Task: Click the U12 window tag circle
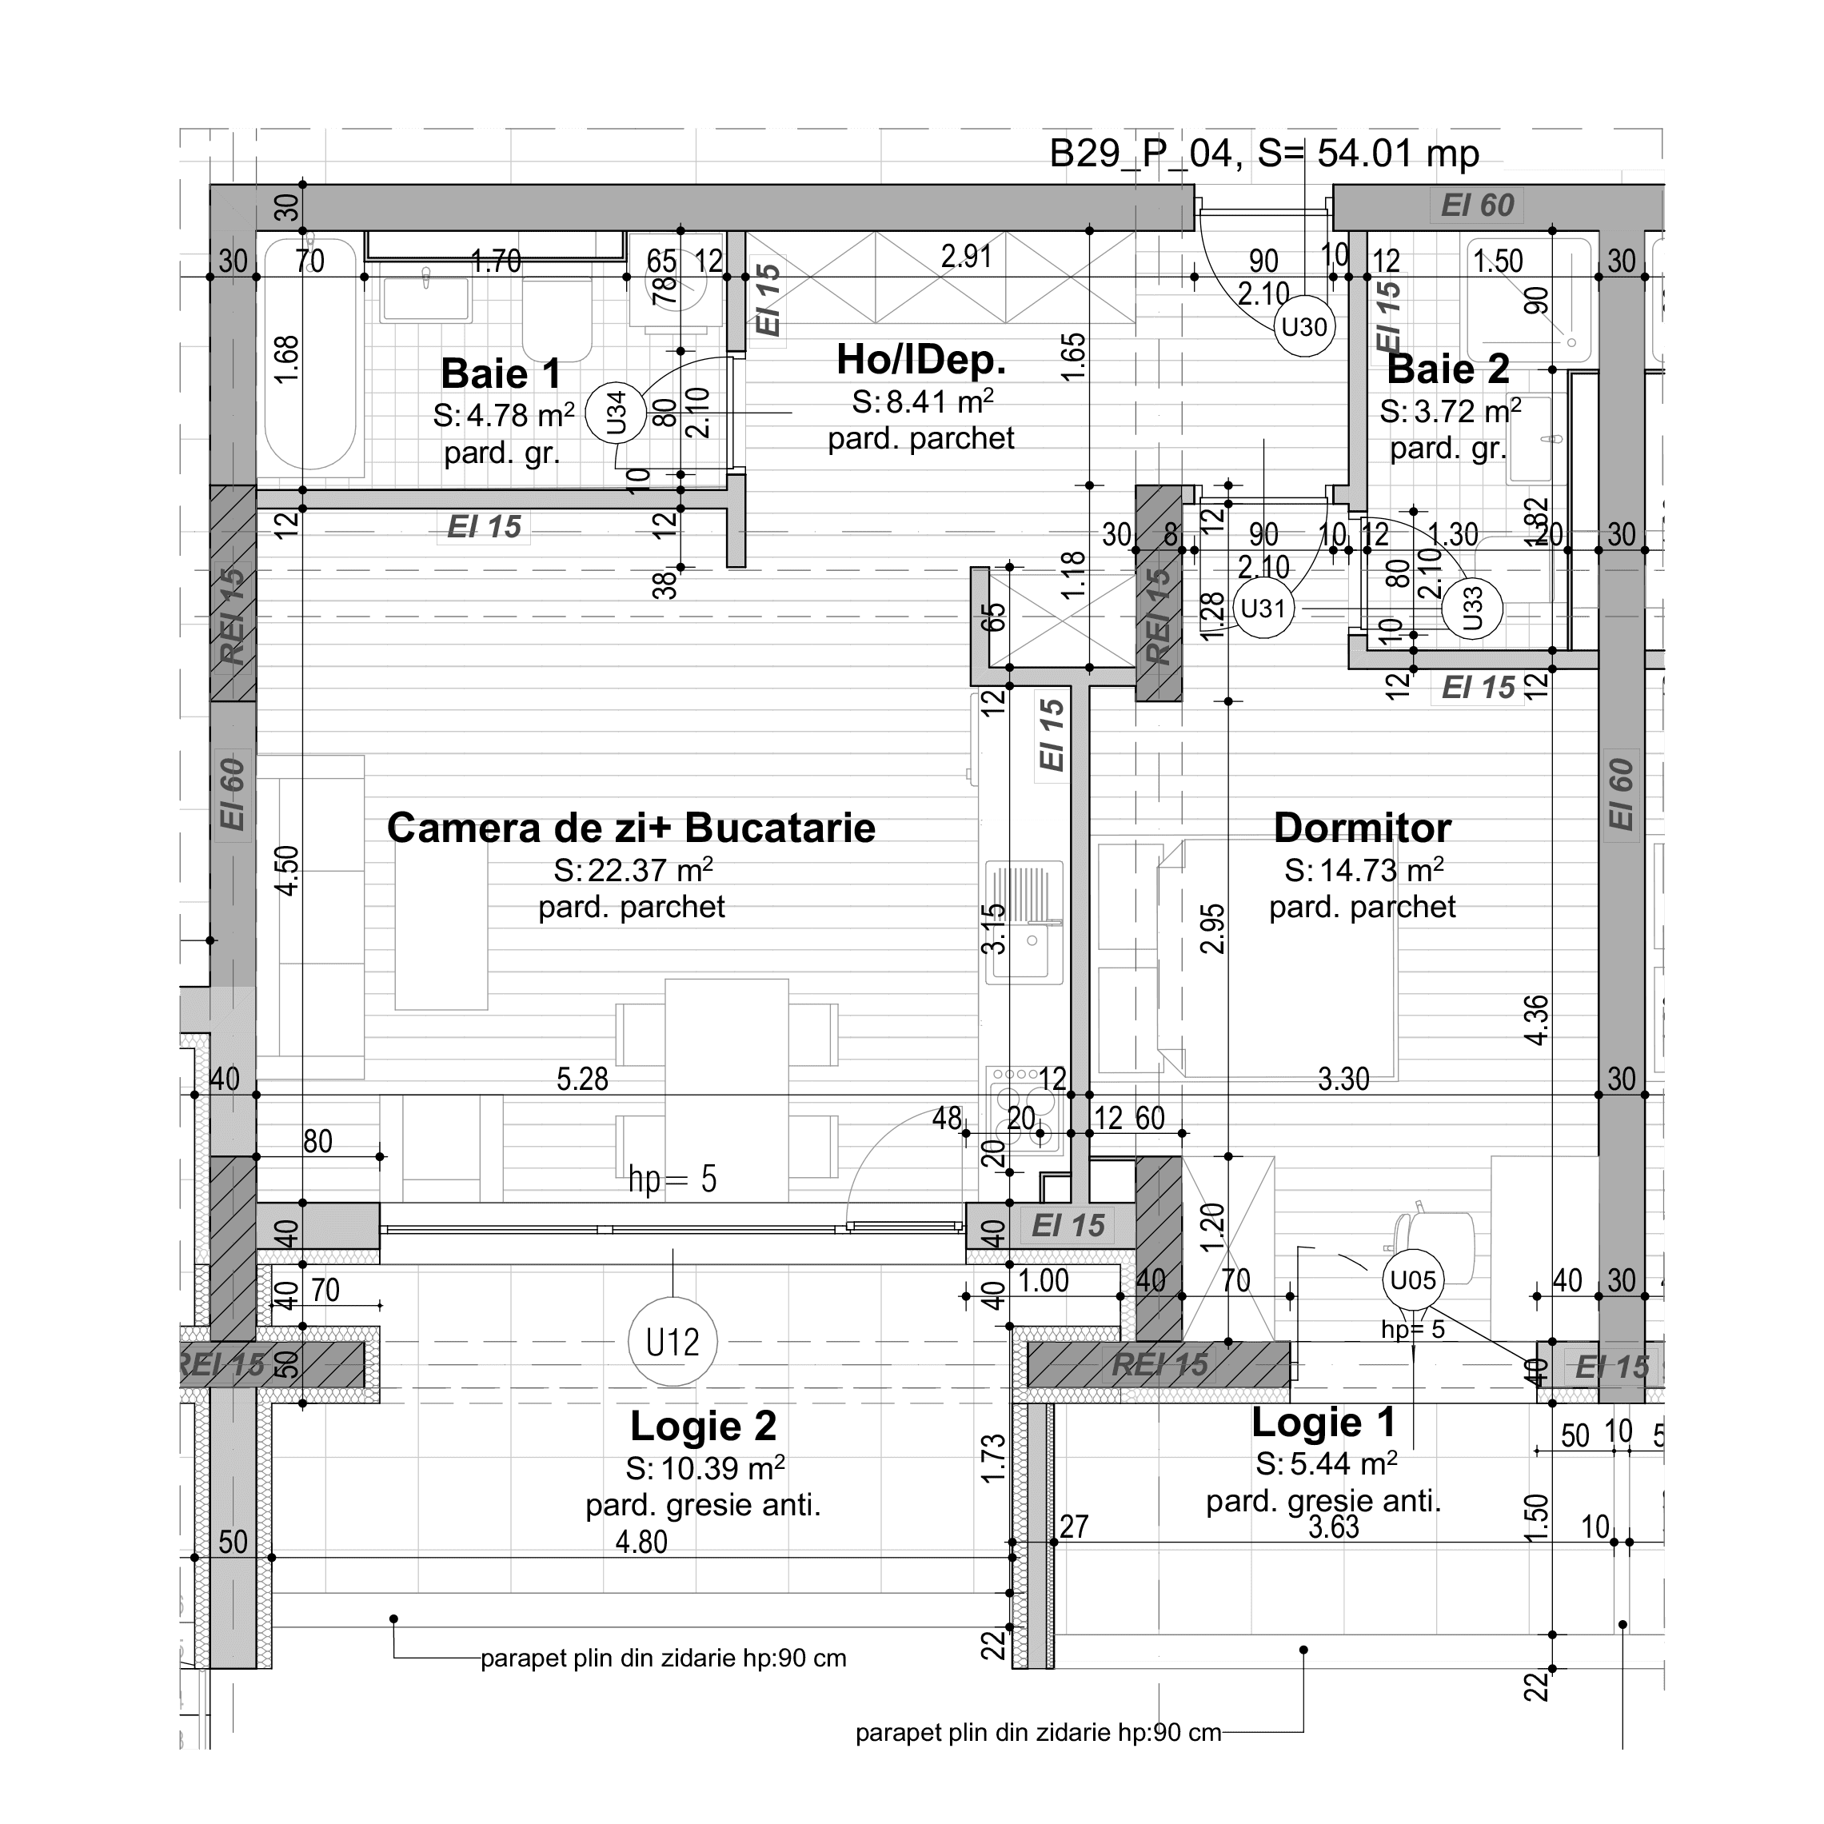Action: coord(673,1342)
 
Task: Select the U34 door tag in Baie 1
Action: coord(615,413)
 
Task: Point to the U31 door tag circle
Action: coord(1263,608)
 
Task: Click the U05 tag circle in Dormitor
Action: coord(1412,1280)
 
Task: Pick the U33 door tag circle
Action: coord(1472,608)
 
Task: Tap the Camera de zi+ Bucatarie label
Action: coord(631,828)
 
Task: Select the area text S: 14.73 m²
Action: coord(1363,869)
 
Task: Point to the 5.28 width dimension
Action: coord(581,1079)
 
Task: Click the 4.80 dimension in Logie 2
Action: coord(641,1542)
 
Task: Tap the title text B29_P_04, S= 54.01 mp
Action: coord(1264,153)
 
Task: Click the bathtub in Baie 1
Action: coord(309,354)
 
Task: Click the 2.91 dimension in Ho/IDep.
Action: coord(966,256)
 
